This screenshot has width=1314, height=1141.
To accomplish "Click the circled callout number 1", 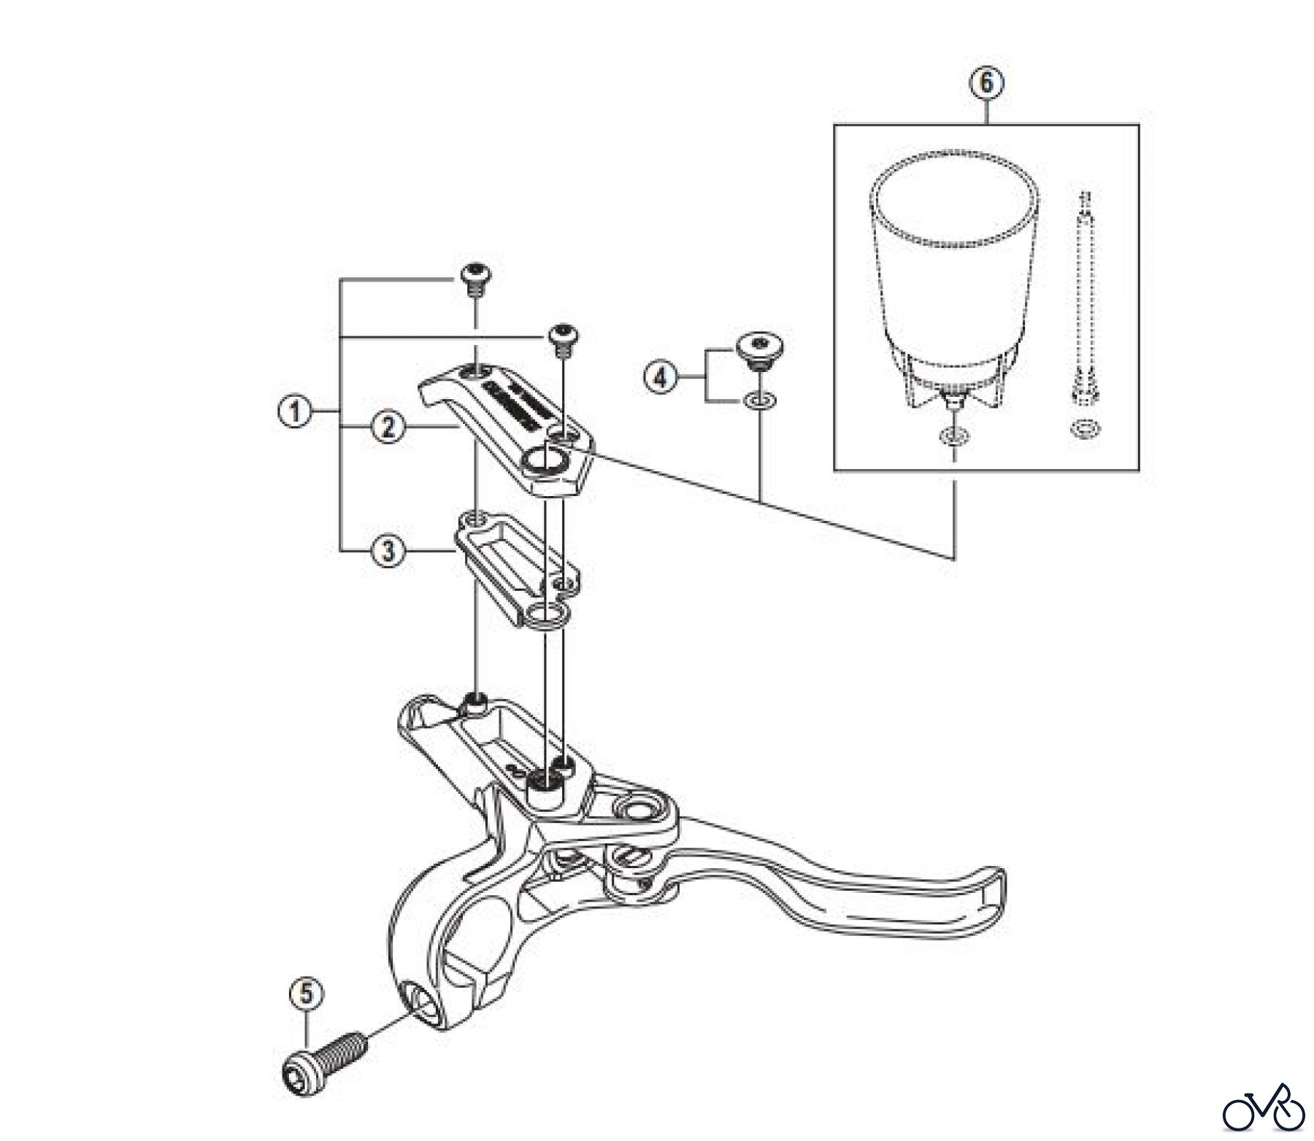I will click(295, 413).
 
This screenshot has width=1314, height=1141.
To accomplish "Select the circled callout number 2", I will click(388, 427).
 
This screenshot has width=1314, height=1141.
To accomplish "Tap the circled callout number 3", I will click(388, 551).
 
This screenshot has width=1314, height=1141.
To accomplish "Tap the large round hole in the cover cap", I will click(545, 460).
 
